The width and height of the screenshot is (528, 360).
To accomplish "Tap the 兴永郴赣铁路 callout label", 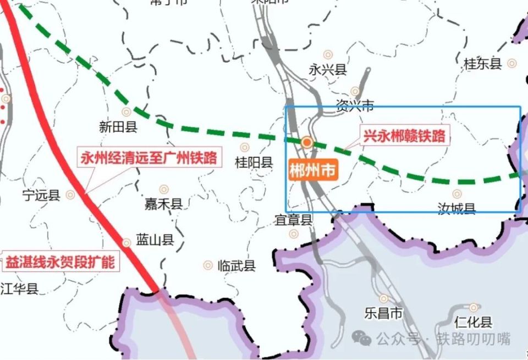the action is pyautogui.click(x=404, y=136).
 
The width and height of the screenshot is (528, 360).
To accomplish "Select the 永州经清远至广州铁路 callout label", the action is pyautogui.click(x=148, y=159).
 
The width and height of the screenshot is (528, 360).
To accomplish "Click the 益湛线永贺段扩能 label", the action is pyautogui.click(x=60, y=262).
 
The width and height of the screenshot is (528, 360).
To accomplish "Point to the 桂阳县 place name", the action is pyautogui.click(x=254, y=162).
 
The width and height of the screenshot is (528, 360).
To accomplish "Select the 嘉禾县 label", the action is pyautogui.click(x=163, y=204).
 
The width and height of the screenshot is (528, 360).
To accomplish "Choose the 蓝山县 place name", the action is pyautogui.click(x=155, y=240).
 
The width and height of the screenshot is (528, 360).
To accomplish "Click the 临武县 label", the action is pyautogui.click(x=237, y=266).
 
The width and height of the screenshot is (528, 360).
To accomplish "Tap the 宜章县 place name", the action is pyautogui.click(x=294, y=220).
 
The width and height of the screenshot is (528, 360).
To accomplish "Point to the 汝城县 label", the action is pyautogui.click(x=456, y=208).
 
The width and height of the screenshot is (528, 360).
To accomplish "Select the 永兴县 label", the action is pyautogui.click(x=327, y=70).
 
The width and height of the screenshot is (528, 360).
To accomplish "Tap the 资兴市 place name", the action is pyautogui.click(x=355, y=106).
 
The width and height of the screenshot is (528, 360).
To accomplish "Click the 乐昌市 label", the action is pyautogui.click(x=383, y=314).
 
